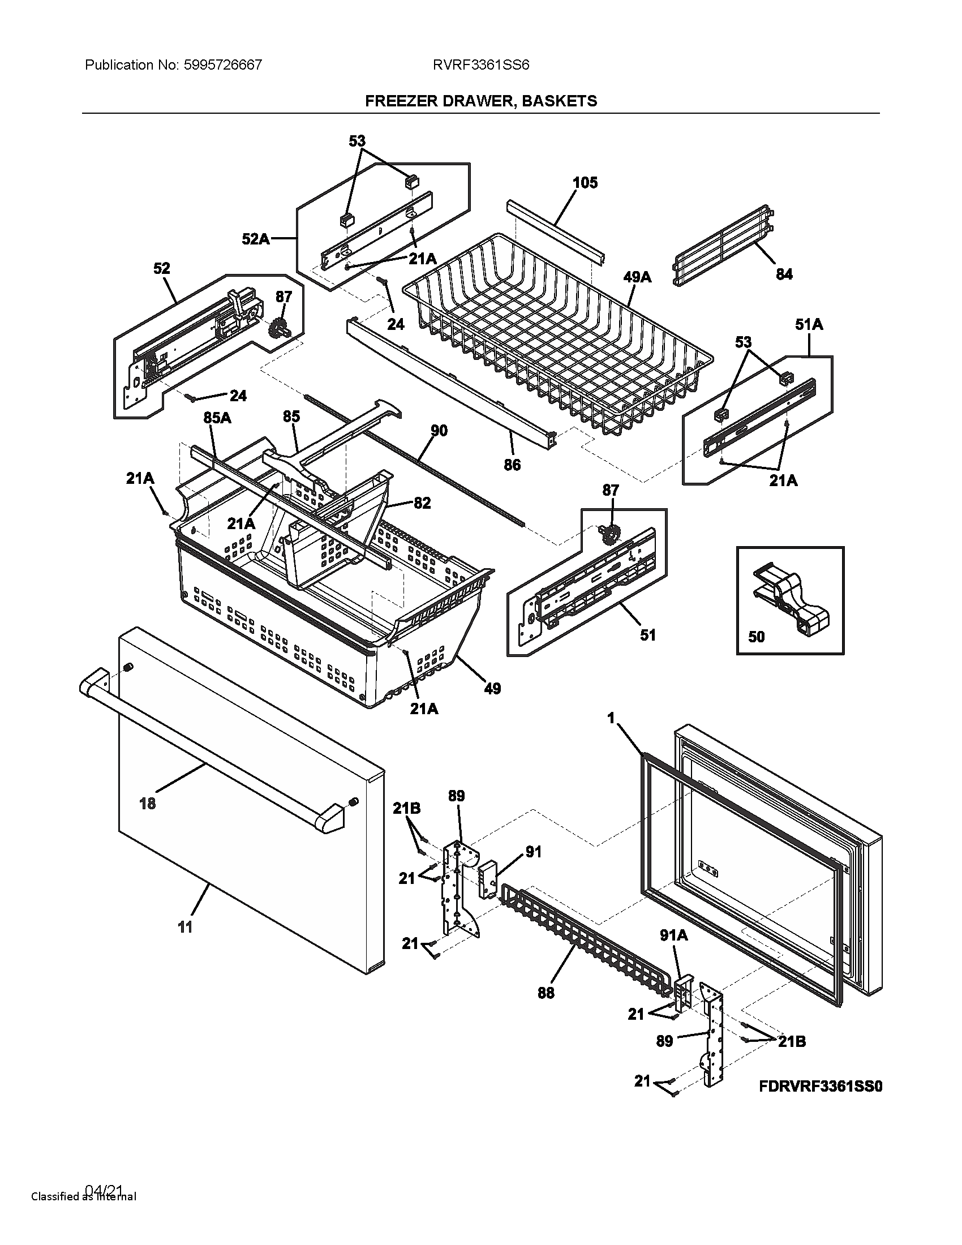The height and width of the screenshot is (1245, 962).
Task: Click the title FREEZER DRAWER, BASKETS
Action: (x=480, y=101)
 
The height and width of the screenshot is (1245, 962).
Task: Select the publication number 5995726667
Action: (x=223, y=65)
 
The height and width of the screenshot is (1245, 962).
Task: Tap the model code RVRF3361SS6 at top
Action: (x=480, y=65)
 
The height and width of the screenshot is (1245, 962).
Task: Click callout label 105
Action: (x=585, y=183)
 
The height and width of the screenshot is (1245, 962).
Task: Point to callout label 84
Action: (x=784, y=274)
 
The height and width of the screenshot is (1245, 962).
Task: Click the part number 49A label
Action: (x=637, y=278)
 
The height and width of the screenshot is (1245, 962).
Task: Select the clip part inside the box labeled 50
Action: (x=792, y=599)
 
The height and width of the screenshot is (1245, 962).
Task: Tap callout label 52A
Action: (x=255, y=239)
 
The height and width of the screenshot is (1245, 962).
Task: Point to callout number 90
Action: (x=439, y=431)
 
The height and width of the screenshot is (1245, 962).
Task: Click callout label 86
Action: (x=512, y=465)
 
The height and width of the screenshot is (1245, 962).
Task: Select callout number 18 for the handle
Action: (x=147, y=804)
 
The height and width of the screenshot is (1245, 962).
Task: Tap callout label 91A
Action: (x=673, y=935)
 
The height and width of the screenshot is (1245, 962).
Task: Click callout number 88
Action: (x=546, y=993)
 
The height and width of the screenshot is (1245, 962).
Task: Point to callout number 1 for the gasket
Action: (x=611, y=719)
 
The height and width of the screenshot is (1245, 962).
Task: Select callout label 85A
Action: (x=217, y=418)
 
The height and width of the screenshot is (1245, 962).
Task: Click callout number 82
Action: (x=422, y=503)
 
